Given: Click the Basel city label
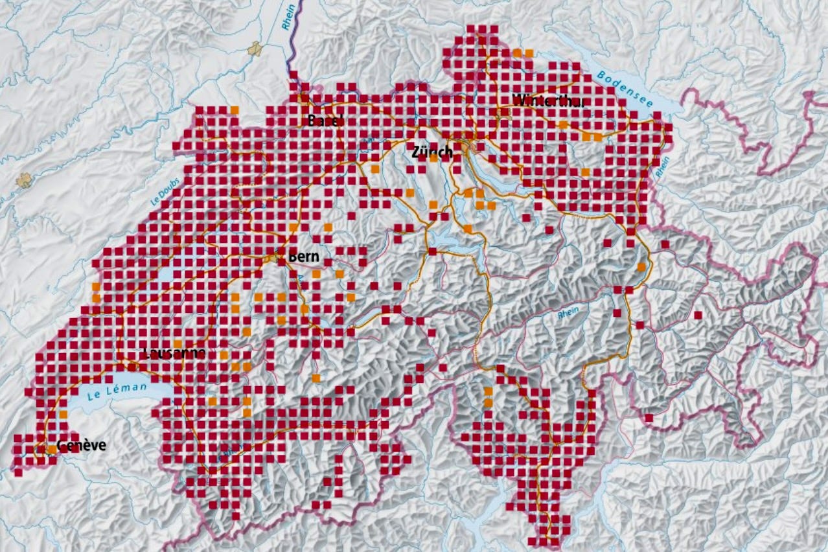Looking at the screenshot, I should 326,121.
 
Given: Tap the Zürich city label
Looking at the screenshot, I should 432,152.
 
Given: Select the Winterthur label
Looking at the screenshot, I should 548,100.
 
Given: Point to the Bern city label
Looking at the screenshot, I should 304,257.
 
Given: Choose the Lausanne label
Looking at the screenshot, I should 174,352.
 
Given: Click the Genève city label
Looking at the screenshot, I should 81,445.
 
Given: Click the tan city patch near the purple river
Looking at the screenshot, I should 257,48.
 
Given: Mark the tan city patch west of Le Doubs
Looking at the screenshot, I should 25,179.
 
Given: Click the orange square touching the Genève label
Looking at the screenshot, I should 51,448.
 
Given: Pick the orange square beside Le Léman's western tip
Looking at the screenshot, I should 63,413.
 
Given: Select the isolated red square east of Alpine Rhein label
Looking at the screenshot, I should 697,315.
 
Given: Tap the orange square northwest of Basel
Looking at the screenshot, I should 235,109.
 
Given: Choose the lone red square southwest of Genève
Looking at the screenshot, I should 17,472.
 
